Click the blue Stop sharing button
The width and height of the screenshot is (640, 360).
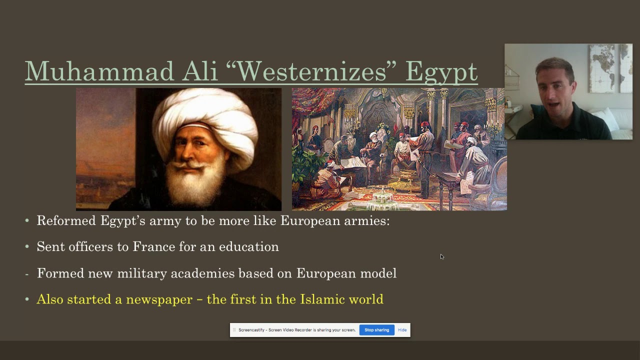tap(376, 330)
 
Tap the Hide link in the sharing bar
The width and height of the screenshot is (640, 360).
tap(402, 330)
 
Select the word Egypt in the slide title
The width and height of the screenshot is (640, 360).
tap(441, 72)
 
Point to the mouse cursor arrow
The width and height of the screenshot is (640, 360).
tap(441, 256)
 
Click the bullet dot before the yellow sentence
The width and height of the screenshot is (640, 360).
tap(27, 300)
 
